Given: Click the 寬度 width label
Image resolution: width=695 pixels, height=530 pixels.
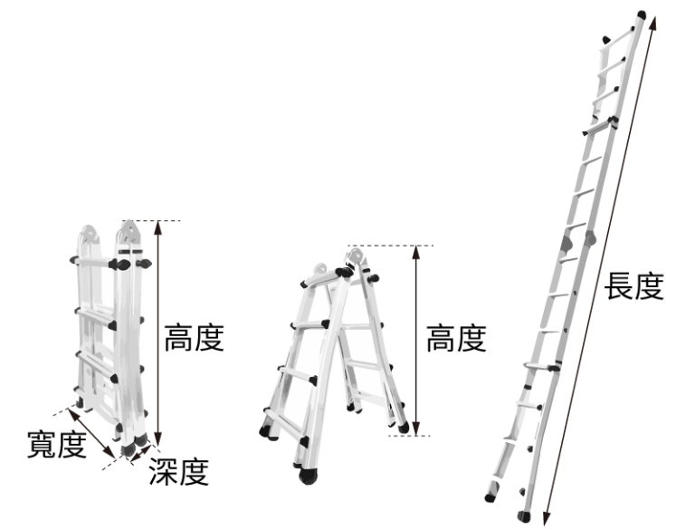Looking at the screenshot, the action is click(x=57, y=444).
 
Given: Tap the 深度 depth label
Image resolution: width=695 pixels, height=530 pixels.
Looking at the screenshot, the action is click(x=179, y=471).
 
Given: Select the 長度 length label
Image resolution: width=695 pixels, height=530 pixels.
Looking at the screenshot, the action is click(x=634, y=286).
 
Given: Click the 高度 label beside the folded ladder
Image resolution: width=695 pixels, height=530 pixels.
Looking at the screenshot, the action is click(x=195, y=338).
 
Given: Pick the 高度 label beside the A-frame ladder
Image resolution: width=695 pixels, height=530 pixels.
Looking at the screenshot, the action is click(x=456, y=339).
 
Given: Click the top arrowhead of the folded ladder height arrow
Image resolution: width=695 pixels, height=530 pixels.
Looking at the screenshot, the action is click(x=158, y=227).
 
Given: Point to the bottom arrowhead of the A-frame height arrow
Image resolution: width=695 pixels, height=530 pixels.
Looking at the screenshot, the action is click(x=415, y=429).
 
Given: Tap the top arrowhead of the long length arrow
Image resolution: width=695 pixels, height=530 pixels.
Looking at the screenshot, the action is click(x=652, y=23).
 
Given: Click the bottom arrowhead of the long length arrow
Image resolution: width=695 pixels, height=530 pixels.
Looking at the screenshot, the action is click(x=547, y=517).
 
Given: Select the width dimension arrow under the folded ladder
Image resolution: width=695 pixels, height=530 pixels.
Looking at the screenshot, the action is click(x=90, y=433).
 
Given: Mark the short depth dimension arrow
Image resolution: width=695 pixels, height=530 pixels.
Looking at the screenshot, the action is click(x=141, y=453).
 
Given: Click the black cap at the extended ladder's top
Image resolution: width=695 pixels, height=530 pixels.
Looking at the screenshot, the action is click(x=642, y=14).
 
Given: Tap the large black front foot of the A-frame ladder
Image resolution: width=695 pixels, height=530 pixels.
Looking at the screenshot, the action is click(x=308, y=476).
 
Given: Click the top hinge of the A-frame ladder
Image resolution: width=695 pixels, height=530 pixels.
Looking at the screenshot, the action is click(x=355, y=257).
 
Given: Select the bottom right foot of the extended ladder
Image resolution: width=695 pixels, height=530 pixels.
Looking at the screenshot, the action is click(x=524, y=516).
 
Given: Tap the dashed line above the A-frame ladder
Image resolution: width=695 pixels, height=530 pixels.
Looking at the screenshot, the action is click(x=391, y=245).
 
